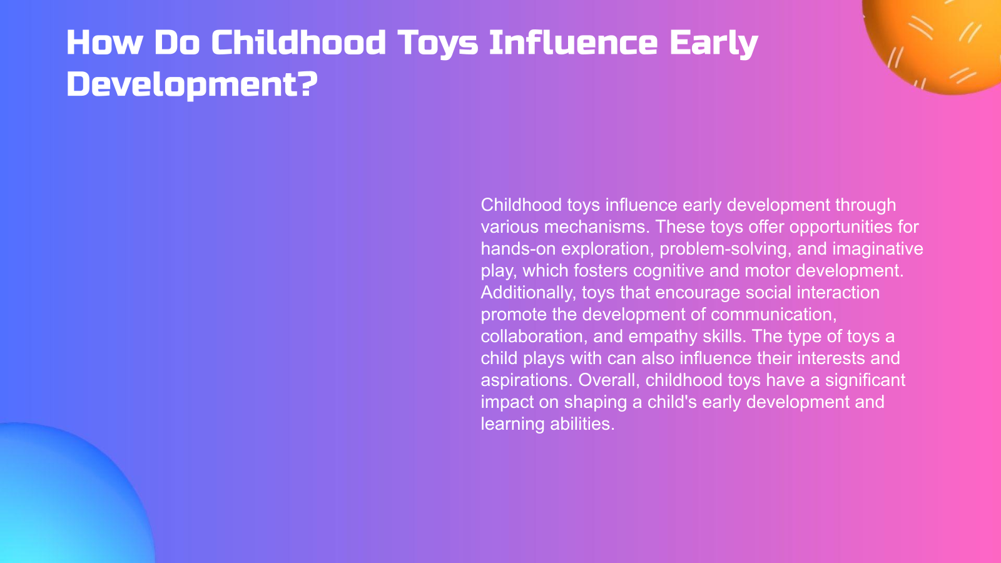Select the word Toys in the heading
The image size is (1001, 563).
coord(437,43)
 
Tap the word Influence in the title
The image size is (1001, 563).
coord(573,43)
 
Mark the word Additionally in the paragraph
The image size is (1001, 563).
coord(527,292)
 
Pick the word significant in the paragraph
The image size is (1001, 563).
coord(865,380)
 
